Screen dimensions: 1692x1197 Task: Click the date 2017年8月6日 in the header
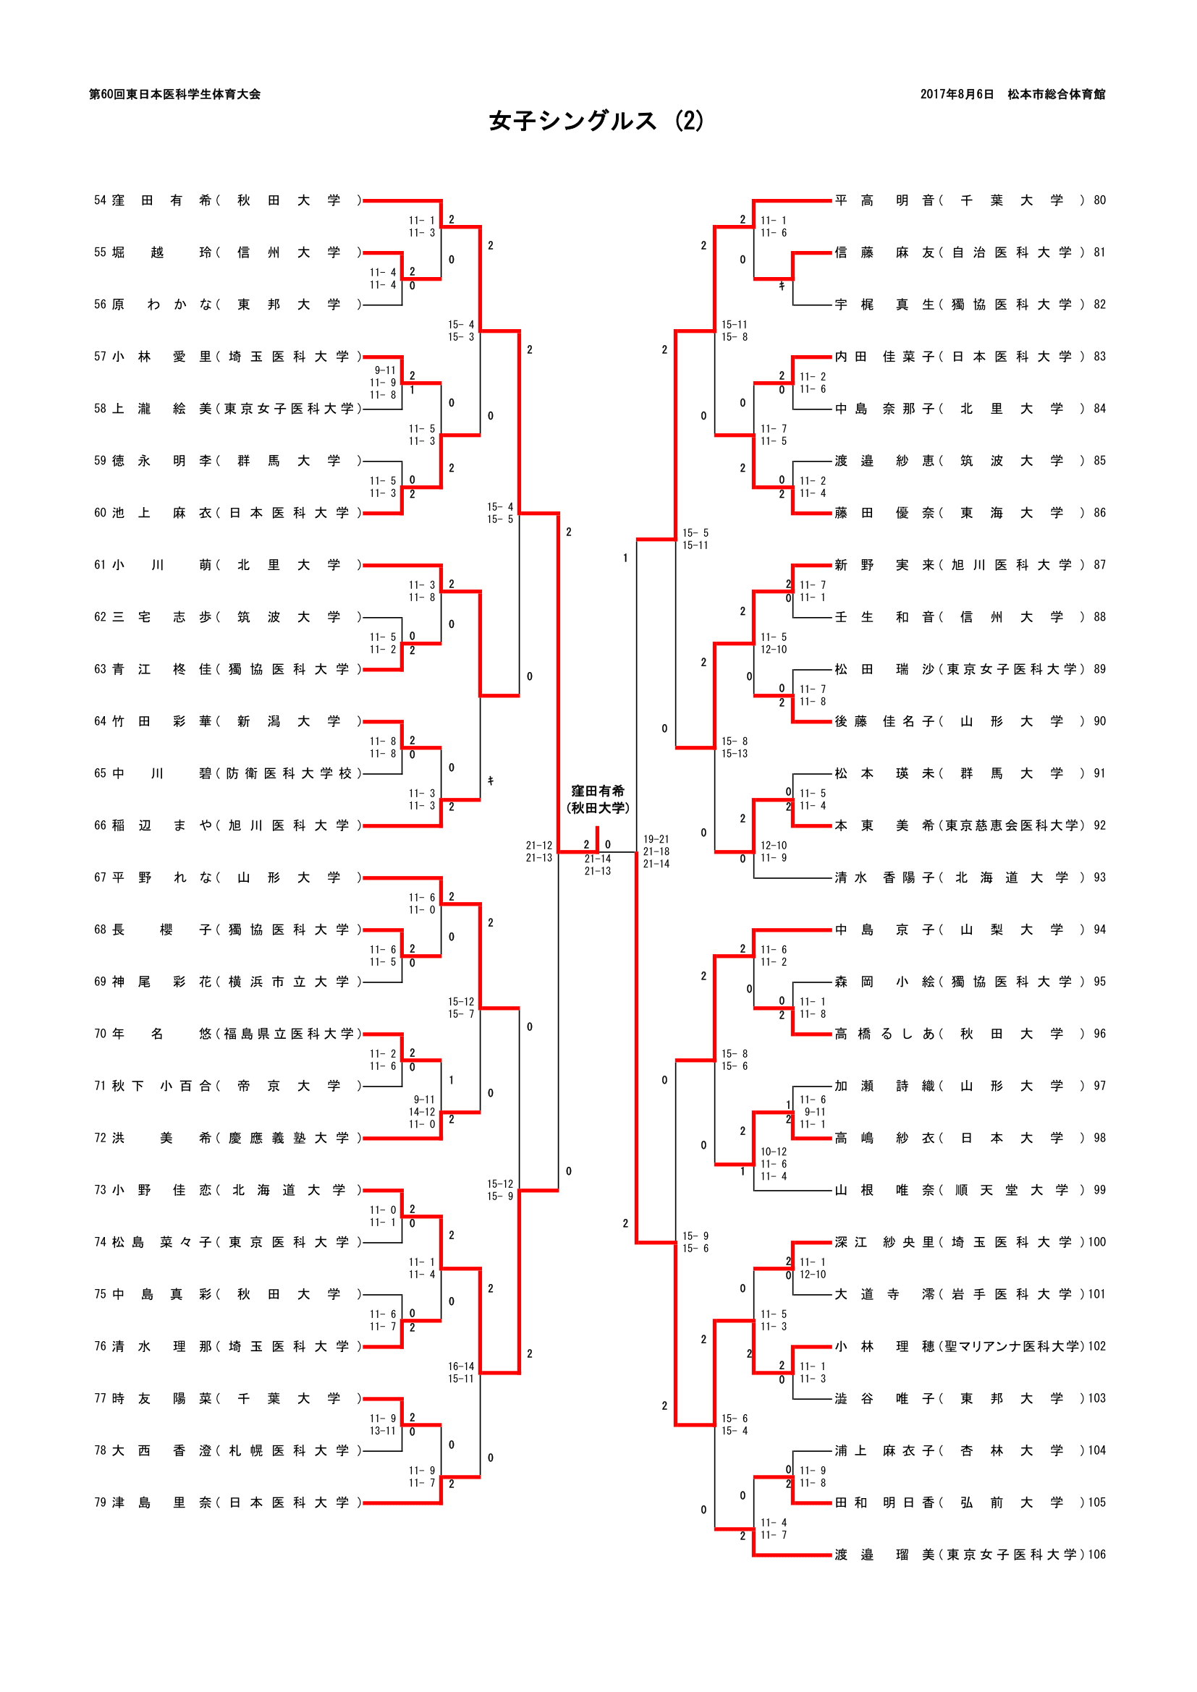(956, 94)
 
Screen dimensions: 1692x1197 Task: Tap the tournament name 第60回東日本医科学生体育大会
(174, 94)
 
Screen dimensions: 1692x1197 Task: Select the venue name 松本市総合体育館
(1056, 94)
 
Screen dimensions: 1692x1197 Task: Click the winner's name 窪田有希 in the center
(597, 791)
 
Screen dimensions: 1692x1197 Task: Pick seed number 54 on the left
(99, 200)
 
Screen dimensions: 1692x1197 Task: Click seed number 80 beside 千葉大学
(1099, 200)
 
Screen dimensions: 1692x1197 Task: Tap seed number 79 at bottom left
(99, 1502)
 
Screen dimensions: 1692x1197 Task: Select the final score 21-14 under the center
(597, 859)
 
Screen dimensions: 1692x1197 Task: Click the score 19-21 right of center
(656, 839)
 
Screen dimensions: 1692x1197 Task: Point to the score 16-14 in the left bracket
(461, 1366)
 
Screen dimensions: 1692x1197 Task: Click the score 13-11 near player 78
(383, 1431)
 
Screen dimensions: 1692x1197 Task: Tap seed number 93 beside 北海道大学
(1099, 877)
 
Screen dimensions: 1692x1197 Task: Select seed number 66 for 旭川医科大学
(99, 825)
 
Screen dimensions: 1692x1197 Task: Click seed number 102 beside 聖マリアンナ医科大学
(1096, 1346)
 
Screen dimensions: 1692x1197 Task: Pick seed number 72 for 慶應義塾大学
(99, 1138)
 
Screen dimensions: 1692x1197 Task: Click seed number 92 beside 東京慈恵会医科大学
(1099, 825)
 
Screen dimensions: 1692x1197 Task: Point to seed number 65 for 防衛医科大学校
(99, 773)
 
